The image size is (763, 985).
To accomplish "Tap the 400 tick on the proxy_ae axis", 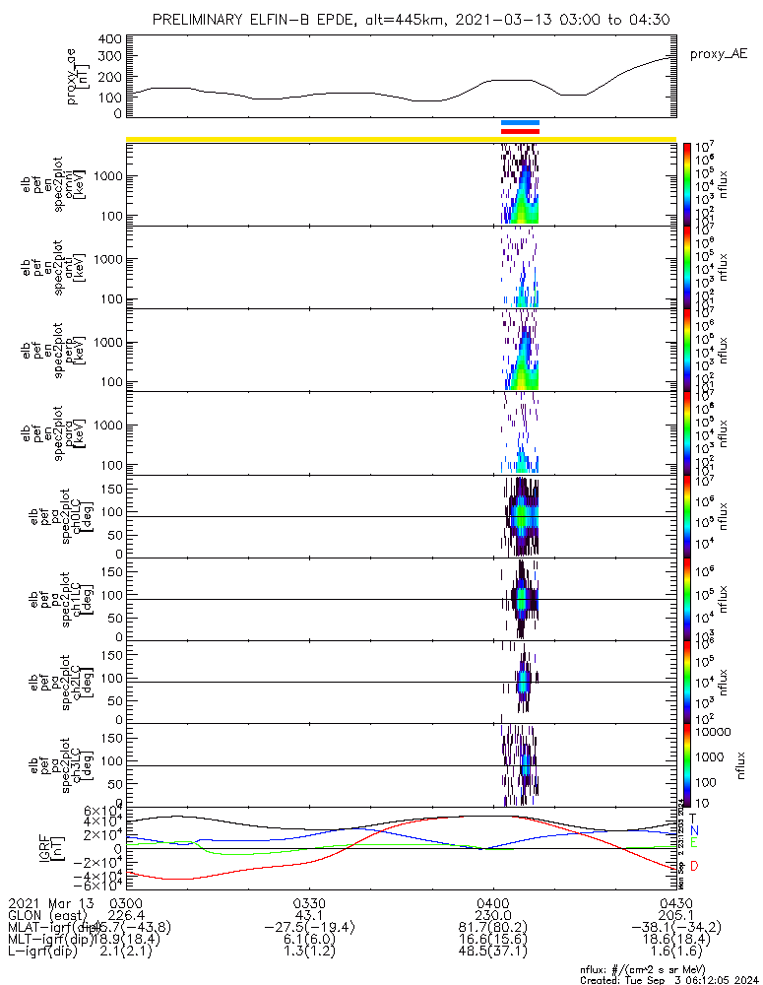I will tap(109, 39).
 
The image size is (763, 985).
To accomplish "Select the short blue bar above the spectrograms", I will tap(520, 123).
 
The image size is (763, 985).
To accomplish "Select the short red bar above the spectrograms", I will tap(520, 131).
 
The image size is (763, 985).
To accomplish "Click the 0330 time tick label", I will tap(309, 903).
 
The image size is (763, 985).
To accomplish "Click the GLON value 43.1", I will tap(309, 915).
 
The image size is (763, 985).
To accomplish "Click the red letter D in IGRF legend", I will tap(694, 866).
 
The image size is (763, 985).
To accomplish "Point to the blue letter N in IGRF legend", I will tap(694, 830).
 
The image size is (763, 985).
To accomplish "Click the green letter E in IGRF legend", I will tap(694, 844).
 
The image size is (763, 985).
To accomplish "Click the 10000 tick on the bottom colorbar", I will tap(714, 732).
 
